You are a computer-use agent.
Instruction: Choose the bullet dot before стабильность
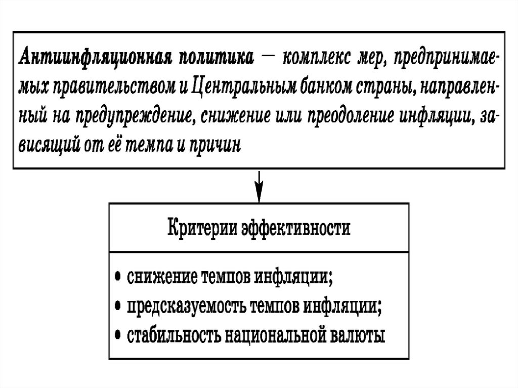(x=118, y=336)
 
